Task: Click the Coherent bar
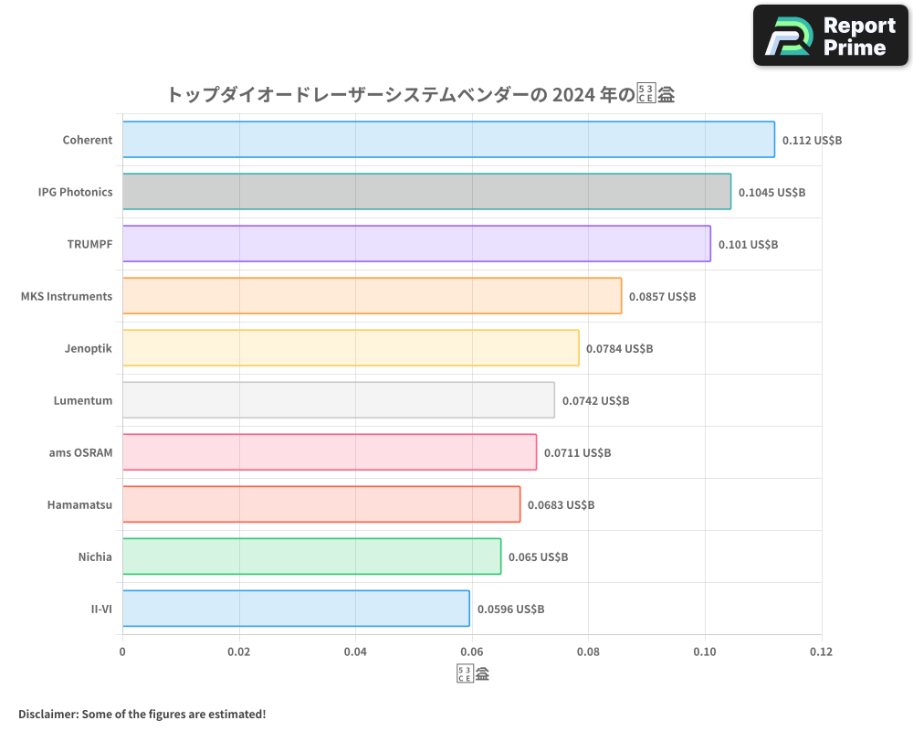(x=448, y=140)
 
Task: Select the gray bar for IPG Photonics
(x=426, y=192)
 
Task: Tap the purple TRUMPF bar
(x=416, y=244)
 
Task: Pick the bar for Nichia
(x=311, y=556)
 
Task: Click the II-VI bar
(x=296, y=609)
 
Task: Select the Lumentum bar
(x=338, y=400)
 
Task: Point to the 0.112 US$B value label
(x=812, y=141)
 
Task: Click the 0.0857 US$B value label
(x=662, y=297)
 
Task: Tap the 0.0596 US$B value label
(x=510, y=609)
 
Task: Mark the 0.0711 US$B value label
(x=577, y=453)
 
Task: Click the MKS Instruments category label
(x=67, y=296)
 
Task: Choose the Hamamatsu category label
(x=79, y=504)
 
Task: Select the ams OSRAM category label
(x=80, y=452)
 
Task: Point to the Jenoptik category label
(x=89, y=348)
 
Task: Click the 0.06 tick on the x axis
(x=472, y=652)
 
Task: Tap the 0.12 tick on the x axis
(x=821, y=652)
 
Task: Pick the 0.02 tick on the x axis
(x=239, y=652)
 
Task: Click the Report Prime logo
(x=831, y=36)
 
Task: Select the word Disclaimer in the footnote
(x=47, y=714)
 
